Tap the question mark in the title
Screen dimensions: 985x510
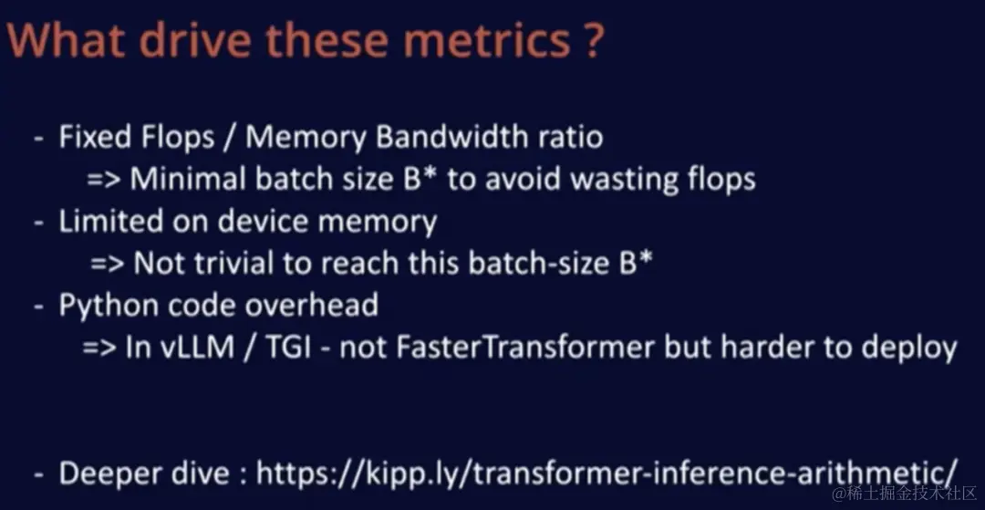(x=593, y=40)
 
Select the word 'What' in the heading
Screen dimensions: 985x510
(x=67, y=40)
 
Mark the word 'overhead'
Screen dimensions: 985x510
(x=311, y=306)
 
